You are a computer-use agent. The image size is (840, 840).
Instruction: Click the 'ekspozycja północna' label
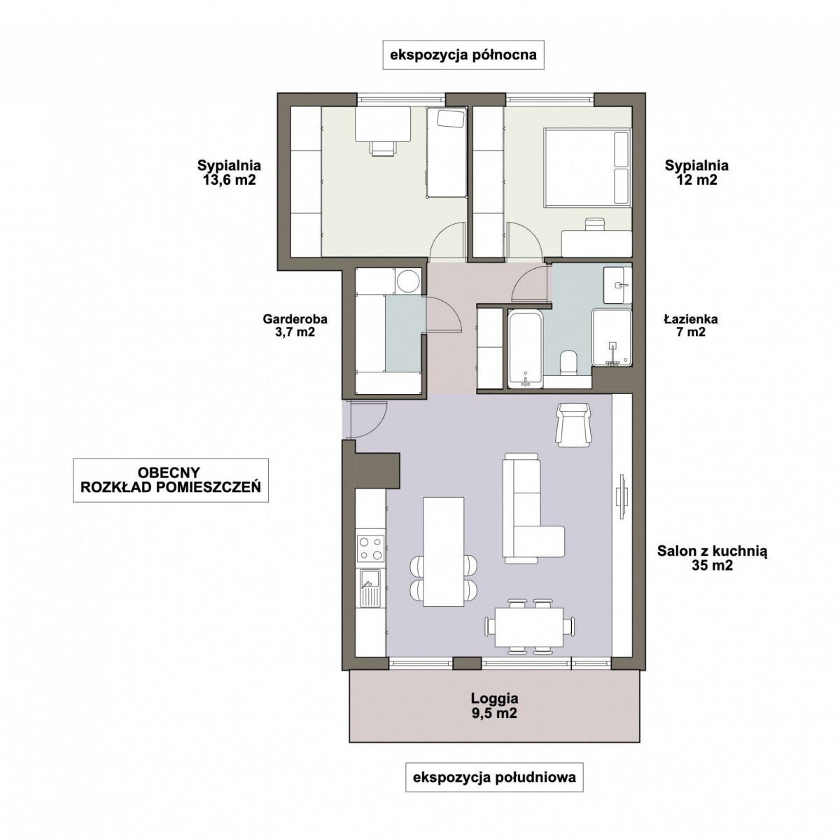coord(463,55)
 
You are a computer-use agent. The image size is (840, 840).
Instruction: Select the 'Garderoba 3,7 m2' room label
coord(295,325)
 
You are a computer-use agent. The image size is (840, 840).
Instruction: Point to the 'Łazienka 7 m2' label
coord(691,325)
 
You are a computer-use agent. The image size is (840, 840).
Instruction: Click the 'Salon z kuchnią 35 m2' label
coord(713,559)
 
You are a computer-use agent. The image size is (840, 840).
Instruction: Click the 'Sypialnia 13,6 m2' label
coord(229,172)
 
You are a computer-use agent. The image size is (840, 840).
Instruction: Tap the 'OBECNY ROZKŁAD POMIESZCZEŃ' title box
coord(170,480)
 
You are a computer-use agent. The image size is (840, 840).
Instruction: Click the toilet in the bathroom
coord(568,362)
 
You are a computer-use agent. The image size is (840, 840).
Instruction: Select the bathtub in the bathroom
coord(525,349)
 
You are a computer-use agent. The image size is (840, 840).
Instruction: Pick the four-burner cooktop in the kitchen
coord(371,548)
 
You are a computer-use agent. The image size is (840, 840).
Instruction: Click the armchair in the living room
coord(574,425)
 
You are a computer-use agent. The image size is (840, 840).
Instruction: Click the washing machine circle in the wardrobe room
coord(408,281)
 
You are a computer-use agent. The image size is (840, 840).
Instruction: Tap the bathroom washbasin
coord(617,285)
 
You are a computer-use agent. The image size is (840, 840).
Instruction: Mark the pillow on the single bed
coord(450,118)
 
